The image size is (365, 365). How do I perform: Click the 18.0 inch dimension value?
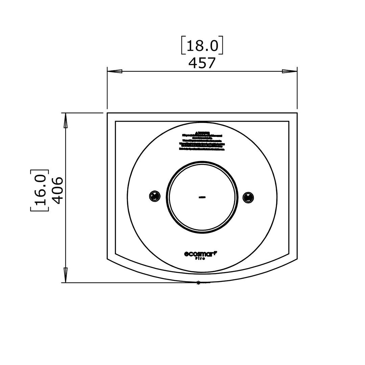coord(202,45)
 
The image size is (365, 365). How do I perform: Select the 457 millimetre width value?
coord(202,63)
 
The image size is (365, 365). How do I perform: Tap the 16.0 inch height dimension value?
coord(40,190)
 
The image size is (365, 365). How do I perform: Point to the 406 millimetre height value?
coord(57,190)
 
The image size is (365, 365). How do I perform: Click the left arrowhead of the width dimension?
coord(115,71)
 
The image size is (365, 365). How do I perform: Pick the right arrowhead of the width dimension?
coord(290,71)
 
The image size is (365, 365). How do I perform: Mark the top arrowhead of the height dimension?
coord(66,120)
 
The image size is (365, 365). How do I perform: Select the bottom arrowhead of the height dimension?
coord(66,275)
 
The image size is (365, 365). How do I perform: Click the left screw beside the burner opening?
coord(155,196)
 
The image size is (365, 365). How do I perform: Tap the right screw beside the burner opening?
coord(248,197)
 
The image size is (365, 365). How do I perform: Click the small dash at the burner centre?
coord(202,197)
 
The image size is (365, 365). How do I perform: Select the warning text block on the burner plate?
coord(202,141)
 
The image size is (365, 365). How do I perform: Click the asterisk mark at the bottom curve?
coord(198,283)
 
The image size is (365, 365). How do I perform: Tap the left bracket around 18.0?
coord(183,45)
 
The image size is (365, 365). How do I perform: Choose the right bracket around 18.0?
coord(221,45)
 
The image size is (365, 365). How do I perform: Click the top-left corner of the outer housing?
coord(107,113)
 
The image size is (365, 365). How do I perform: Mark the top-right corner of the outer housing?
coord(297,113)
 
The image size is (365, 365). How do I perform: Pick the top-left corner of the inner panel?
coord(116,121)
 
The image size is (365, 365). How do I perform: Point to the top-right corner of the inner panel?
coord(289,121)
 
